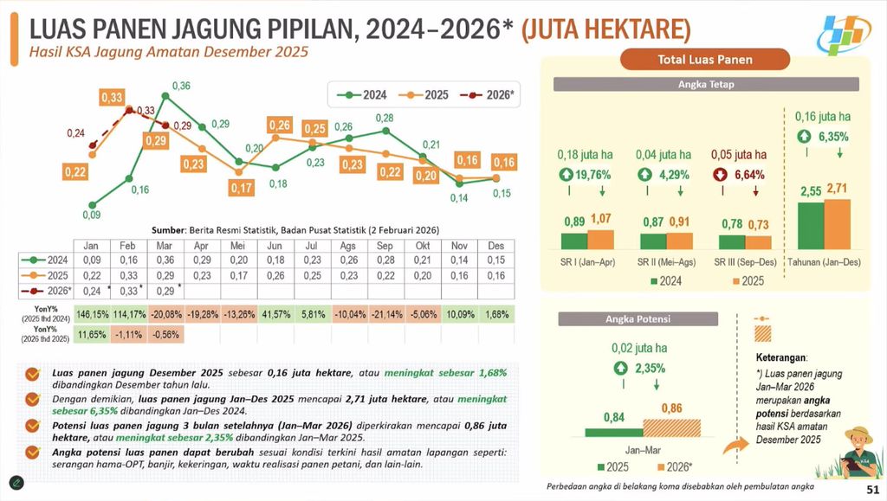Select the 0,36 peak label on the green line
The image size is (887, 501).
(181, 86)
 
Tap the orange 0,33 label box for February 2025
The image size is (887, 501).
(112, 98)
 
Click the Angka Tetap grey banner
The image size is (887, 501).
(706, 84)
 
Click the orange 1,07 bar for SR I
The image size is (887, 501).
(599, 240)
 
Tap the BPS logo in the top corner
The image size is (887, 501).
(847, 32)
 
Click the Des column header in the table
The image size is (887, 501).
(495, 245)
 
